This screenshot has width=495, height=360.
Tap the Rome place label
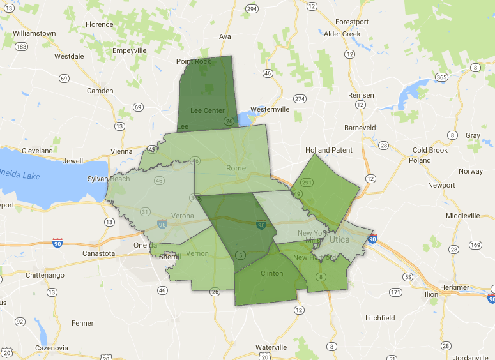point(236,169)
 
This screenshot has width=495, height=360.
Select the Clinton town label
point(272,273)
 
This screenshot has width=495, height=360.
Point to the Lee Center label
point(208,110)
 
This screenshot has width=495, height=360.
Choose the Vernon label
point(197,254)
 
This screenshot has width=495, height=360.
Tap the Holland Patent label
point(328,150)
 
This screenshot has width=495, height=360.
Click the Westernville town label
point(270,109)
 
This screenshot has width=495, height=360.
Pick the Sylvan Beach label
point(110,179)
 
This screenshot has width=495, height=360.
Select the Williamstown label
point(34,33)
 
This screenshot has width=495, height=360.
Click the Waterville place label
point(271,347)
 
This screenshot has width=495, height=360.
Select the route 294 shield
point(252,9)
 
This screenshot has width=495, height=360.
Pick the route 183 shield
point(22,47)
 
